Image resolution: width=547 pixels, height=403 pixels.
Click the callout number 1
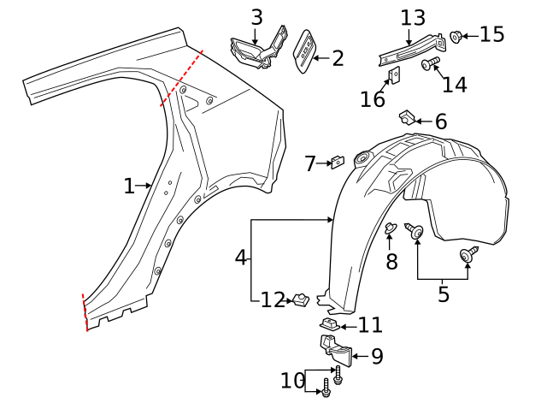(128, 186)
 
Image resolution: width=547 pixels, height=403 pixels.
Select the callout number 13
(412, 18)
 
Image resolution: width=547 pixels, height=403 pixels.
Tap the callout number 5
(443, 294)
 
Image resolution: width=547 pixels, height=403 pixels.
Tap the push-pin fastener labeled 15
(456, 36)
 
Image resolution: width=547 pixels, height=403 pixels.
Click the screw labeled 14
(430, 62)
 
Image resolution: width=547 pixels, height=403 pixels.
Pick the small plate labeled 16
(396, 77)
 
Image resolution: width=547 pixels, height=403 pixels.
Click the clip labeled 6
(408, 116)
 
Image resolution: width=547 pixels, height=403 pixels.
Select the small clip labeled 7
(338, 161)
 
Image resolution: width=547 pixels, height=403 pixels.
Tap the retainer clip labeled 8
(390, 228)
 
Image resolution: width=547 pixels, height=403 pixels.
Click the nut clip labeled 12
(300, 299)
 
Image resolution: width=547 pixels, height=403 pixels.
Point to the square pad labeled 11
(330, 324)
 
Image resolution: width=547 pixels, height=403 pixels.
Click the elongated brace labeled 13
(410, 51)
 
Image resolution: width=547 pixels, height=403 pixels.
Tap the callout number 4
(241, 257)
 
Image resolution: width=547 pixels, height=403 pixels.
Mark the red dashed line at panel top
(181, 77)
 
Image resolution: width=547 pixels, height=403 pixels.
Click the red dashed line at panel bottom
(84, 312)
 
